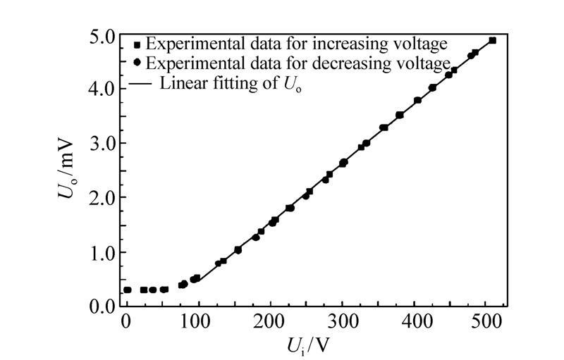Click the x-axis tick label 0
(x=126, y=321)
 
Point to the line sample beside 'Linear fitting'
(x=139, y=83)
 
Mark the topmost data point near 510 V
(x=492, y=40)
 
